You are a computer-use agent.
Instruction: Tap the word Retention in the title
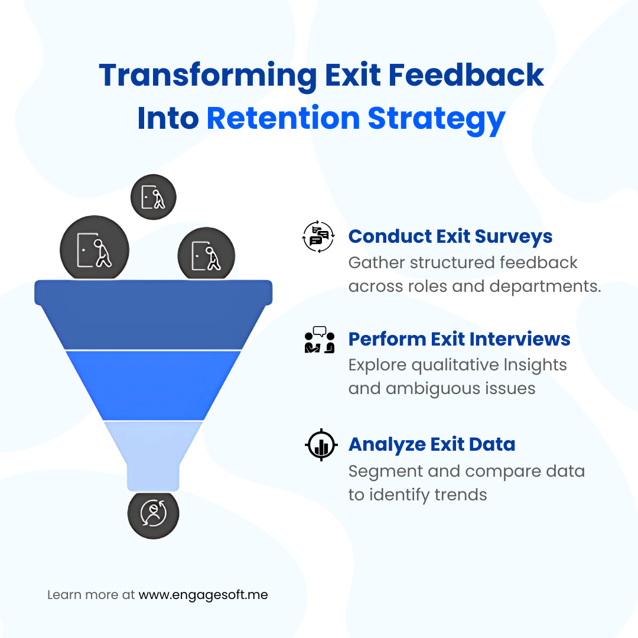click(x=282, y=118)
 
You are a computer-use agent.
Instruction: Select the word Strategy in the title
click(x=437, y=119)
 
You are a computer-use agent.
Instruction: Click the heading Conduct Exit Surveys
click(x=450, y=236)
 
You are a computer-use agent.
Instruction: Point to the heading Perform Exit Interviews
click(x=459, y=339)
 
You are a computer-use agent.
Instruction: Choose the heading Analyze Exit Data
click(x=431, y=444)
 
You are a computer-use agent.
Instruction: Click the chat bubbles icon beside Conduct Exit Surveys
click(x=318, y=237)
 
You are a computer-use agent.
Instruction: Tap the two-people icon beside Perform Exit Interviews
click(x=320, y=340)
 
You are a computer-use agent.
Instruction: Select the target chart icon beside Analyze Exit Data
click(x=321, y=445)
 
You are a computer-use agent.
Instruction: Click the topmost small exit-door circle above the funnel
click(x=153, y=197)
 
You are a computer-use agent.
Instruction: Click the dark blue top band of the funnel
click(x=153, y=316)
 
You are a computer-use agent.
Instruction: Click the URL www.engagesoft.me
click(x=203, y=595)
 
